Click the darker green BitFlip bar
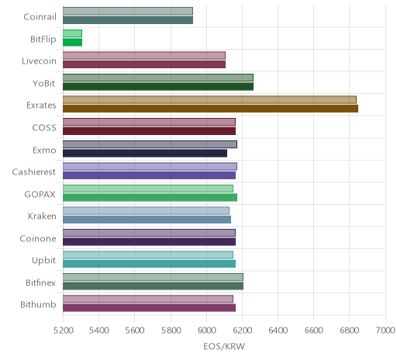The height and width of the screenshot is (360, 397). coord(72,42)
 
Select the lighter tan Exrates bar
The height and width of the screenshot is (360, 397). coord(209,99)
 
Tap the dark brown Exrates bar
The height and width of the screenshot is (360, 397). coord(210,109)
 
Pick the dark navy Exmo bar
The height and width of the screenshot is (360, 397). coord(145,153)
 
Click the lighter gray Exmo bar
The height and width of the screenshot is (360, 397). coord(150,144)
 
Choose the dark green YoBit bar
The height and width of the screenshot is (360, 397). coord(158,87)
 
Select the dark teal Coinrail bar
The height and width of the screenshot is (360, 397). coord(128,20)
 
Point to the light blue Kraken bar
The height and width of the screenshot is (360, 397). coord(146,210)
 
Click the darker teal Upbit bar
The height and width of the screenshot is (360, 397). coord(149,264)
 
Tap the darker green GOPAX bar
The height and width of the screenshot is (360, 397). coord(150,197)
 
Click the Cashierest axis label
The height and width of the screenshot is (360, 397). coord(34,172)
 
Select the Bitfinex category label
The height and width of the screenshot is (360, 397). coord(40,282)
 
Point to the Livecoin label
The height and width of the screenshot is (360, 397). coord(39,61)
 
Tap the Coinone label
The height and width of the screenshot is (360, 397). coord(38,238)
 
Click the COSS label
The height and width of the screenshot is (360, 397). coord(44,128)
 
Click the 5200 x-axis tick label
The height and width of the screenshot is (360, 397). coord(63,331)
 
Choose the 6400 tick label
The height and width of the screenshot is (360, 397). coord(278,331)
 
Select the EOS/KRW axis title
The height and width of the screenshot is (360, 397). coord(224,346)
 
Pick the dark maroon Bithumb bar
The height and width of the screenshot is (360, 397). coord(149,308)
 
